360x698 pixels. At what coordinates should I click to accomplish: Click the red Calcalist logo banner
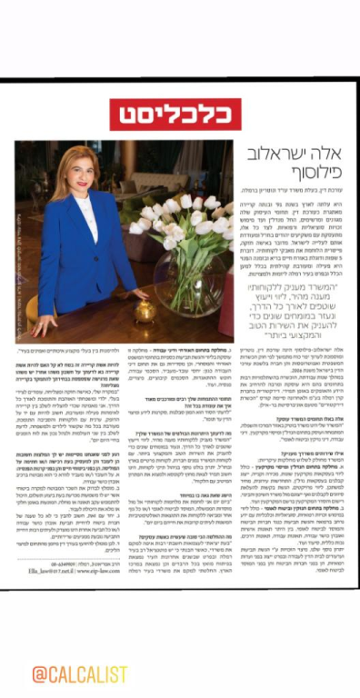click(179, 113)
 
